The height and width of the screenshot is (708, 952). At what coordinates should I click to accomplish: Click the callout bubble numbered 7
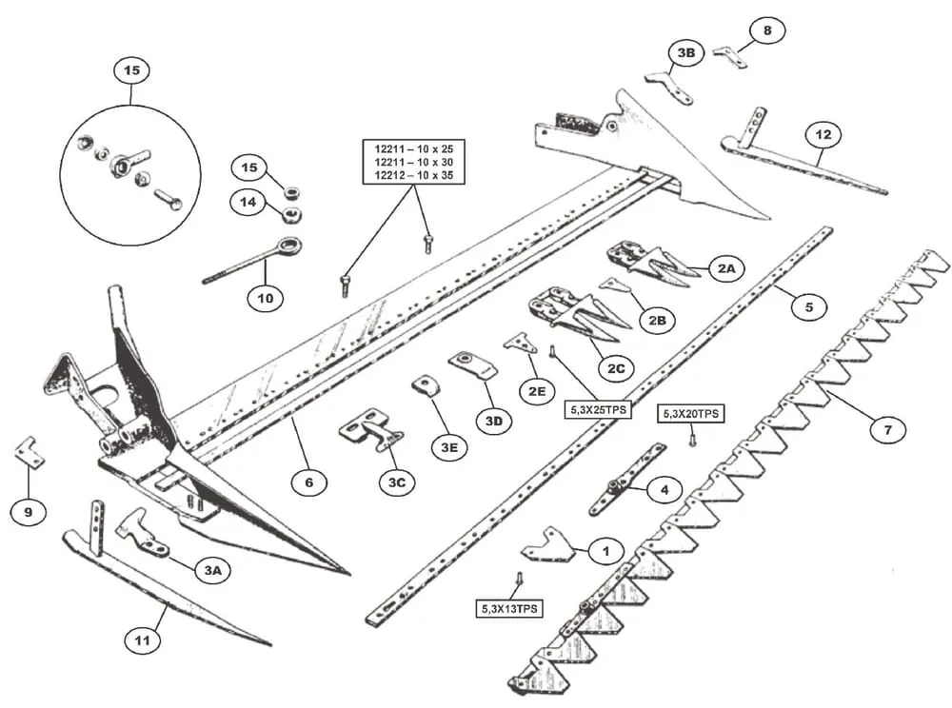click(x=887, y=430)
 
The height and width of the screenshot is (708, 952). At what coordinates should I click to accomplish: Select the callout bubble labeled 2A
click(x=726, y=268)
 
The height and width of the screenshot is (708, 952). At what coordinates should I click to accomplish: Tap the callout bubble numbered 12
click(x=823, y=135)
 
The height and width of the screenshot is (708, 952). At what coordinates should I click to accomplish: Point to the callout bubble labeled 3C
click(x=396, y=482)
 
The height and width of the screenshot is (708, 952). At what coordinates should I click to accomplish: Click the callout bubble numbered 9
click(x=28, y=512)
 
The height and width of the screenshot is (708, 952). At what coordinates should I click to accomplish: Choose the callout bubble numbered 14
click(x=248, y=202)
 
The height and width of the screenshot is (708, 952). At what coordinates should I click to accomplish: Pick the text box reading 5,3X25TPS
click(x=598, y=409)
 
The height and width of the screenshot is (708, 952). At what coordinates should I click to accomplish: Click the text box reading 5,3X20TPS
click(x=691, y=414)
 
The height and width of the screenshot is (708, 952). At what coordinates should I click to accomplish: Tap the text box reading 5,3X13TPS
click(x=508, y=608)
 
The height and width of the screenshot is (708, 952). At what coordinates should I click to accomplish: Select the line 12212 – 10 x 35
click(x=413, y=175)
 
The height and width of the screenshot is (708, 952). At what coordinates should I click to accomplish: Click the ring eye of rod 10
click(x=289, y=246)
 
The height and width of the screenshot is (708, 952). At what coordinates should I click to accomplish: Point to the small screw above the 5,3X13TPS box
click(x=519, y=579)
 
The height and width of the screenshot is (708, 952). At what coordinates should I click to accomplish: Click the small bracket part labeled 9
click(x=30, y=453)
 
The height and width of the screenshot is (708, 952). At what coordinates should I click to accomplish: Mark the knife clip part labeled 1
click(x=547, y=545)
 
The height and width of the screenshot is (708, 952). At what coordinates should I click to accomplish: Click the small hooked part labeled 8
click(x=729, y=56)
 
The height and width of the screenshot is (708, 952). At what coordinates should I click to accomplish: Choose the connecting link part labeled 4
click(x=626, y=480)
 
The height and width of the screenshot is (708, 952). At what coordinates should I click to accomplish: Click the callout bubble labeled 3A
click(x=212, y=570)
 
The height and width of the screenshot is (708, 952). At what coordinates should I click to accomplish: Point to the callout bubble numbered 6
click(x=308, y=482)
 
